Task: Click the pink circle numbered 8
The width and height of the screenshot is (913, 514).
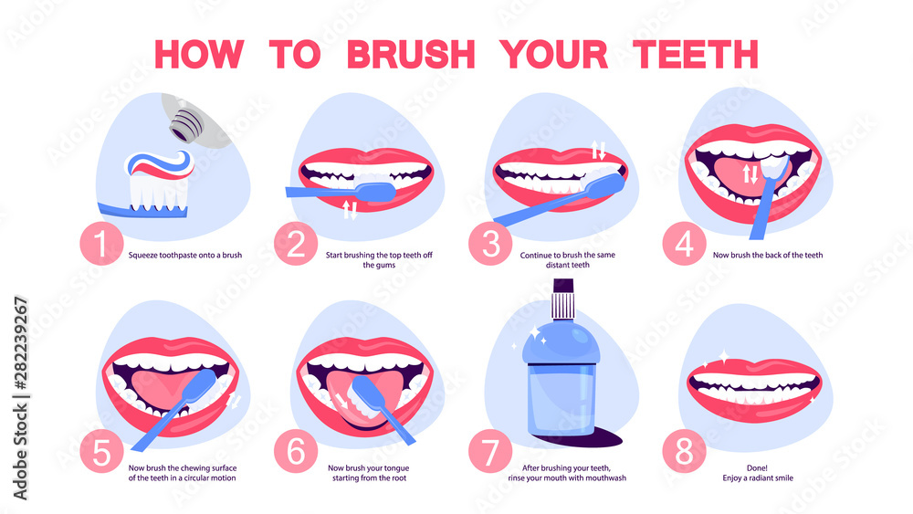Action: click(x=683, y=452)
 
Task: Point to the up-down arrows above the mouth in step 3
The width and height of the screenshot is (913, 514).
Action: click(x=598, y=150)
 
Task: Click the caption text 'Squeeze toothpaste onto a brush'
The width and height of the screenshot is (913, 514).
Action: click(x=185, y=256)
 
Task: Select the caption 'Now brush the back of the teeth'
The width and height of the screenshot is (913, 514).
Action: click(x=768, y=256)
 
